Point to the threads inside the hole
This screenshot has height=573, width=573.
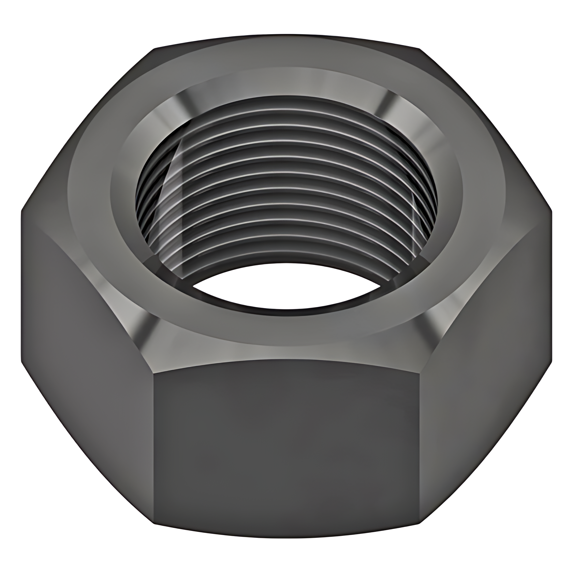(286, 191)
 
